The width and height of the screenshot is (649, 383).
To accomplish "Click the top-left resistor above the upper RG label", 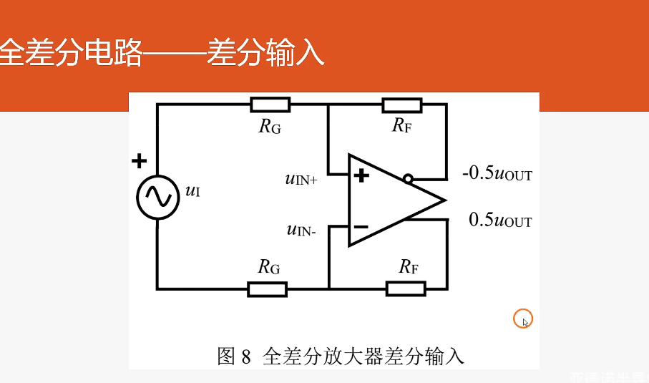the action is (x=270, y=105).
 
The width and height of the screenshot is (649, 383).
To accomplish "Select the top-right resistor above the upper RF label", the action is (x=402, y=105).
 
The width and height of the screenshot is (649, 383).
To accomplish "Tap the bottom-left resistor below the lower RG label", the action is (x=267, y=289).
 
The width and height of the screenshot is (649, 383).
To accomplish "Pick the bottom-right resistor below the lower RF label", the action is (x=406, y=289).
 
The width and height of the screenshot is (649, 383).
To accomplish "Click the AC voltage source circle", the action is (x=157, y=197).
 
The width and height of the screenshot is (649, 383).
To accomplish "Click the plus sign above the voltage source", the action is (x=139, y=161).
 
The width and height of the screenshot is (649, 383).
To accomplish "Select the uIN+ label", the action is (x=301, y=179).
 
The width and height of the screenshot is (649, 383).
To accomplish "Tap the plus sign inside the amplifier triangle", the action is (x=361, y=175).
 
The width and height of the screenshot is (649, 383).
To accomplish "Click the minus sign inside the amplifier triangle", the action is (x=361, y=227).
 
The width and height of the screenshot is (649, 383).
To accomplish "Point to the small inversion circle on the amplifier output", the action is (x=408, y=179).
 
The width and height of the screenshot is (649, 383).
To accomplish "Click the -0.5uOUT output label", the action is (x=497, y=174).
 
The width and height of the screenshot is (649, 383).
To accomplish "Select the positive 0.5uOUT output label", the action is (x=500, y=220).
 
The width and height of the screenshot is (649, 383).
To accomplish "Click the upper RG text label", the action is (x=270, y=127).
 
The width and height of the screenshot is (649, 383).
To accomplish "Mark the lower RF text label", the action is (x=409, y=268).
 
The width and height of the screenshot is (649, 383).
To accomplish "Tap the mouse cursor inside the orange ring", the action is (x=524, y=321).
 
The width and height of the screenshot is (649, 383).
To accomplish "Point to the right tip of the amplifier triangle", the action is (x=445, y=199).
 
